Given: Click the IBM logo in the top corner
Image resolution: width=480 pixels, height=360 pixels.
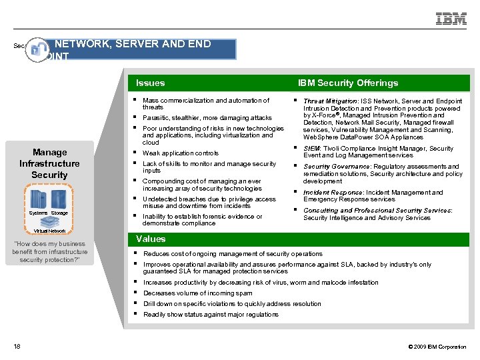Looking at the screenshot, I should click(451, 19).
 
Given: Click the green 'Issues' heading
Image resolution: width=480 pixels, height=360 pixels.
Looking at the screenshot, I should click(150, 83).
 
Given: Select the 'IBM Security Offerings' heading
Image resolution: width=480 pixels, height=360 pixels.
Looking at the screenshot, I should click(347, 83).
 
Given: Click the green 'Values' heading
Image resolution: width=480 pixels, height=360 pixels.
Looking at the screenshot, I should click(151, 239).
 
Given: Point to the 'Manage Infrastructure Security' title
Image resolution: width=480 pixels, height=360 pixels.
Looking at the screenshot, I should click(49, 163).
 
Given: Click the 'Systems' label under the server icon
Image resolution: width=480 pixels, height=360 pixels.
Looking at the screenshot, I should click(38, 213).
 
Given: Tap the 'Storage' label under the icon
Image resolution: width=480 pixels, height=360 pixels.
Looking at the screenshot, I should click(59, 213).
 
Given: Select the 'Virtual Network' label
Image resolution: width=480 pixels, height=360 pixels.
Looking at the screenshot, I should click(49, 231).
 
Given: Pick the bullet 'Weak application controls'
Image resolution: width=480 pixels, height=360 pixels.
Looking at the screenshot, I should click(180, 153).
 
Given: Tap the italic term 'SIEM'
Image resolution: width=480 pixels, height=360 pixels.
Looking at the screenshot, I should click(311, 149).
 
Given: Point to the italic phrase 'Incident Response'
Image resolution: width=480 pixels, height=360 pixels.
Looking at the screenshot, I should click(333, 192).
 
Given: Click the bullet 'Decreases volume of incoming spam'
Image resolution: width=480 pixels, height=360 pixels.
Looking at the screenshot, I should click(197, 293).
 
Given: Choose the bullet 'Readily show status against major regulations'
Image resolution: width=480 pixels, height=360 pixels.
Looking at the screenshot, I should click(211, 315).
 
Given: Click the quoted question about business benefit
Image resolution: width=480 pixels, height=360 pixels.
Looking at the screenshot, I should click(49, 252).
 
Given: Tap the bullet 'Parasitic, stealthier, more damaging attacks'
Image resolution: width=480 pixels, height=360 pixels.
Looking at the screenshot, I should click(207, 118).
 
